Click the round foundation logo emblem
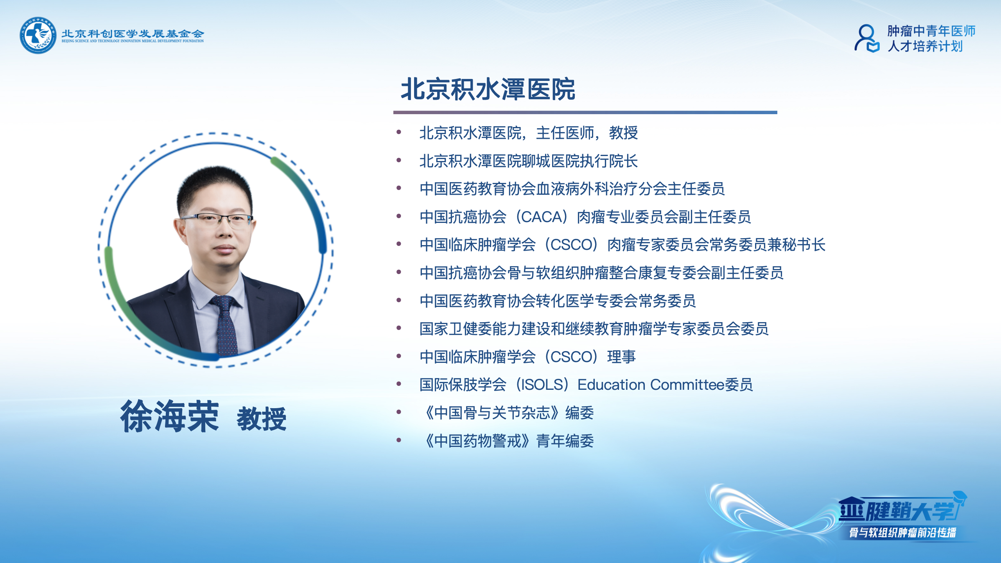(x=38, y=35)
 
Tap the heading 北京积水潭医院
(x=488, y=90)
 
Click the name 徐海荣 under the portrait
(x=169, y=416)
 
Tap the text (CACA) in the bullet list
(x=542, y=217)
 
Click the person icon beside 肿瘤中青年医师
(x=866, y=38)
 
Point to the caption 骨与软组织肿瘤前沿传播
(x=902, y=533)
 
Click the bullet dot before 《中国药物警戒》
(x=399, y=440)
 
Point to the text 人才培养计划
(x=925, y=47)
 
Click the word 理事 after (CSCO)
(x=621, y=357)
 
